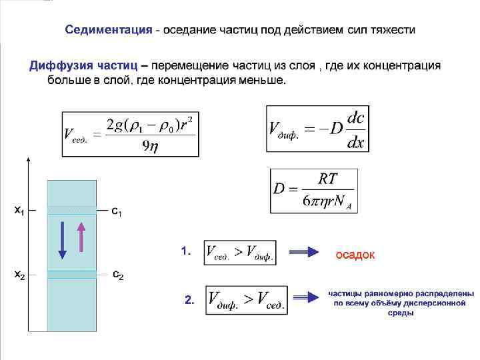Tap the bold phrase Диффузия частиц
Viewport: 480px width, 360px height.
tap(83, 65)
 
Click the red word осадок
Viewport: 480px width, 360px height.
tap(355, 255)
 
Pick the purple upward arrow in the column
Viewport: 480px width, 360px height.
tap(82, 237)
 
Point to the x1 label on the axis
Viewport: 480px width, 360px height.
tap(19, 211)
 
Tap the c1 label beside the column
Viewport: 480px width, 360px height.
tap(116, 212)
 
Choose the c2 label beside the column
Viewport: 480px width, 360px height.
tap(117, 275)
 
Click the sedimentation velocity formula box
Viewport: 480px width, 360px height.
tap(129, 132)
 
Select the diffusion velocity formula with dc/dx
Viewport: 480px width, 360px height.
tap(317, 127)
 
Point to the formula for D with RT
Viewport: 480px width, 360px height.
tap(313, 191)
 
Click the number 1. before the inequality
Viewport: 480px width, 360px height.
tap(186, 251)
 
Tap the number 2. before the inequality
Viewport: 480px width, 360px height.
tap(189, 301)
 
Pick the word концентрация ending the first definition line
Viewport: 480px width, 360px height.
tap(404, 65)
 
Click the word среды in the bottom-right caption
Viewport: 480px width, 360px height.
tap(401, 312)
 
